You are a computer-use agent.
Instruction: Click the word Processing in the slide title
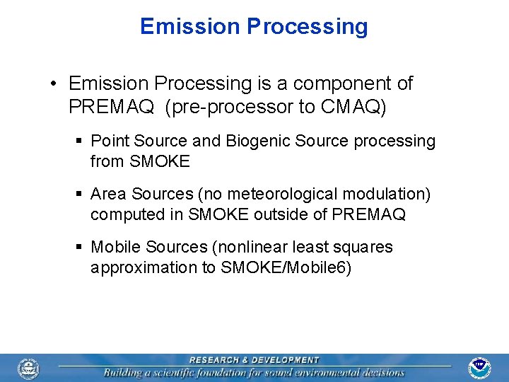[x=307, y=27]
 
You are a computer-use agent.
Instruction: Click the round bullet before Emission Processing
[x=54, y=84]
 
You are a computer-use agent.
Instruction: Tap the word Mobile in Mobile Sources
[x=117, y=247]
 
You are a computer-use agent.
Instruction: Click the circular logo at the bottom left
[x=29, y=368]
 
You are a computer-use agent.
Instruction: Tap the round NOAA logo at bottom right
[x=480, y=368]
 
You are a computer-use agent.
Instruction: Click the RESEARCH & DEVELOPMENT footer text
[x=254, y=360]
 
